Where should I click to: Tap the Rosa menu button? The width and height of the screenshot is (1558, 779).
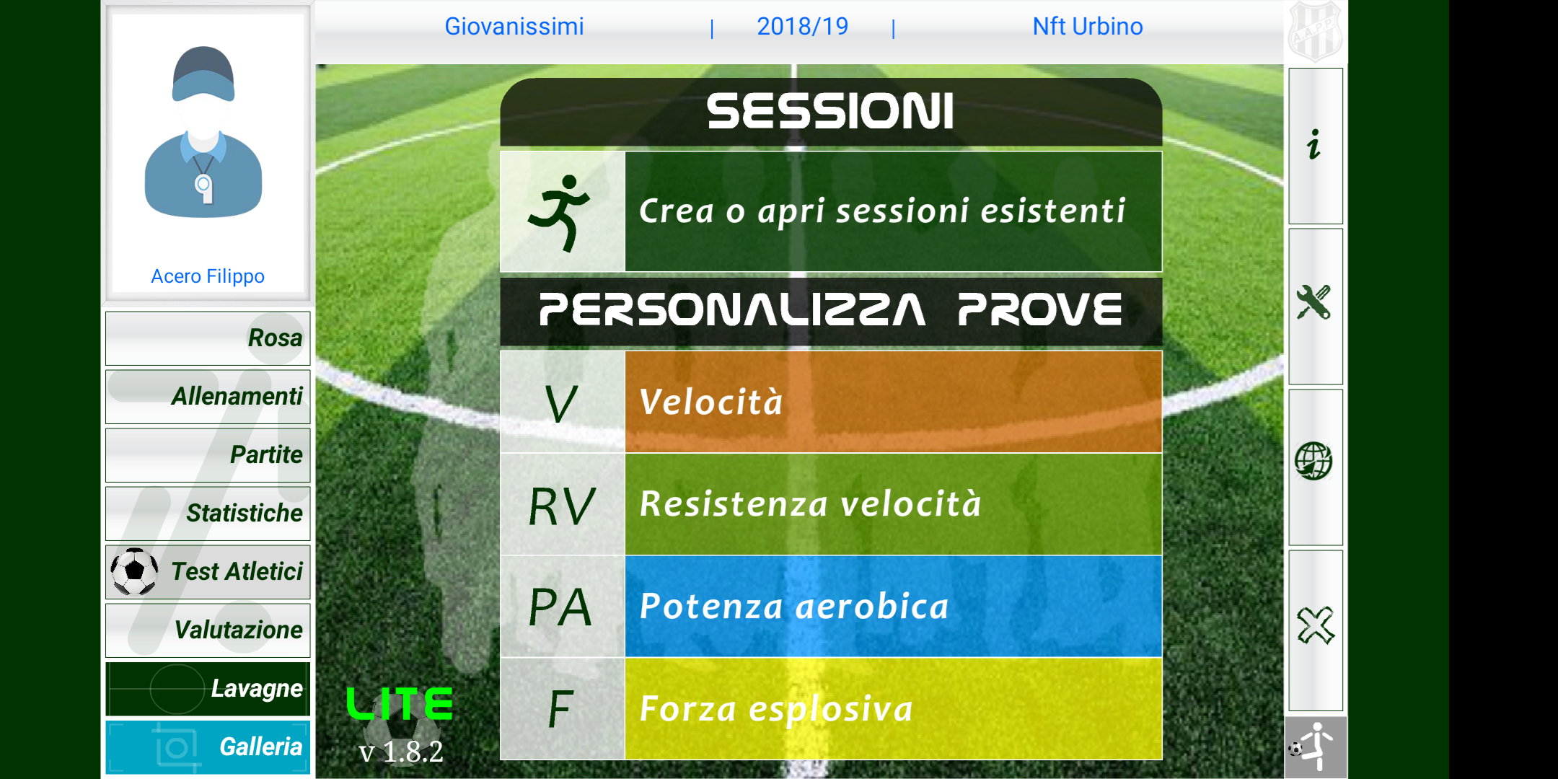tap(208, 338)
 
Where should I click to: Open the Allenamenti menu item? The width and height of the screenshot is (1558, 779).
tap(208, 397)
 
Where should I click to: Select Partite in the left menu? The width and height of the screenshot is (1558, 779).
tap(208, 455)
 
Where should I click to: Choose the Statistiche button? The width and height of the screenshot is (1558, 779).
tap(208, 514)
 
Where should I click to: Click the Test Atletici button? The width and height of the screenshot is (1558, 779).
tap(208, 572)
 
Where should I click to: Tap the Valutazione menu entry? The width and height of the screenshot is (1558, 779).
tap(208, 630)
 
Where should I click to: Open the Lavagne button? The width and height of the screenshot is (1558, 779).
tap(208, 689)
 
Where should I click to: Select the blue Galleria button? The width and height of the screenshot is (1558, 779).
tap(208, 747)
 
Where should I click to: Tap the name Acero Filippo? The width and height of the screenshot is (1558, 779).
tap(208, 276)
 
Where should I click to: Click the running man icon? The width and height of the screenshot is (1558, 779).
tap(560, 212)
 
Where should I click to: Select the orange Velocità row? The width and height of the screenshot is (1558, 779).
tap(831, 402)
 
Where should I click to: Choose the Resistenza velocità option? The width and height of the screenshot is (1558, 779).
tap(831, 504)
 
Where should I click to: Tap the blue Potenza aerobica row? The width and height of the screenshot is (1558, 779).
tap(831, 607)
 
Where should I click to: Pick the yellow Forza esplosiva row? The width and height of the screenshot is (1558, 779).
tap(831, 709)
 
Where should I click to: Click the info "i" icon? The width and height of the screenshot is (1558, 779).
tap(1314, 144)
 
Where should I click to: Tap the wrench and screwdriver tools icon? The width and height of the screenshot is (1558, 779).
tap(1314, 302)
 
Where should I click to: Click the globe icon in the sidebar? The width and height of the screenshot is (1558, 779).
tap(1313, 461)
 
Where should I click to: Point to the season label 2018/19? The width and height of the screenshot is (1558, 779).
tap(802, 27)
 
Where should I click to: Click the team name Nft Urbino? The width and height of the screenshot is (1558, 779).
tap(1088, 27)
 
